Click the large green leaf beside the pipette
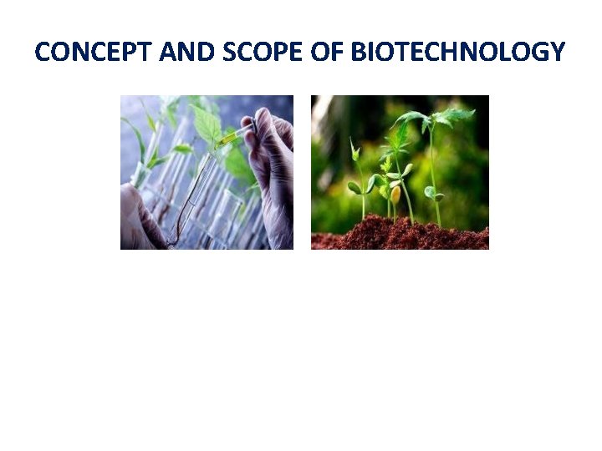pyautogui.click(x=207, y=125)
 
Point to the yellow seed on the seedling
pyautogui.click(x=395, y=194)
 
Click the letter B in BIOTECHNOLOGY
pyautogui.click(x=357, y=53)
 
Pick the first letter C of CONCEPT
pyautogui.click(x=43, y=53)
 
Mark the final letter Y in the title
pyautogui.click(x=558, y=53)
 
